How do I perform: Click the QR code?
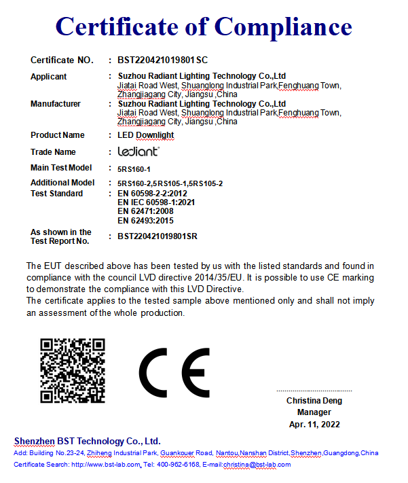tap(72, 370)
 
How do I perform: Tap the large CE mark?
tap(174, 373)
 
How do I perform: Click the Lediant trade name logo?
tap(138, 151)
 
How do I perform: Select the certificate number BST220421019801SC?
tap(162, 60)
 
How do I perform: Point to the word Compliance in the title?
tap(284, 27)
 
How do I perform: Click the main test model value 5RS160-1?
tap(134, 168)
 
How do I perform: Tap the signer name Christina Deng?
tap(314, 401)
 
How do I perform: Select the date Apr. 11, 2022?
tap(314, 424)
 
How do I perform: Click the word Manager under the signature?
tap(314, 412)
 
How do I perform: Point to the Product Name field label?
tap(58, 135)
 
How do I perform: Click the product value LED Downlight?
tap(146, 135)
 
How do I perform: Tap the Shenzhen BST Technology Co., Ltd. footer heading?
tap(88, 441)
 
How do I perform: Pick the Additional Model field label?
tap(62, 183)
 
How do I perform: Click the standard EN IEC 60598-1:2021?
tap(156, 202)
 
